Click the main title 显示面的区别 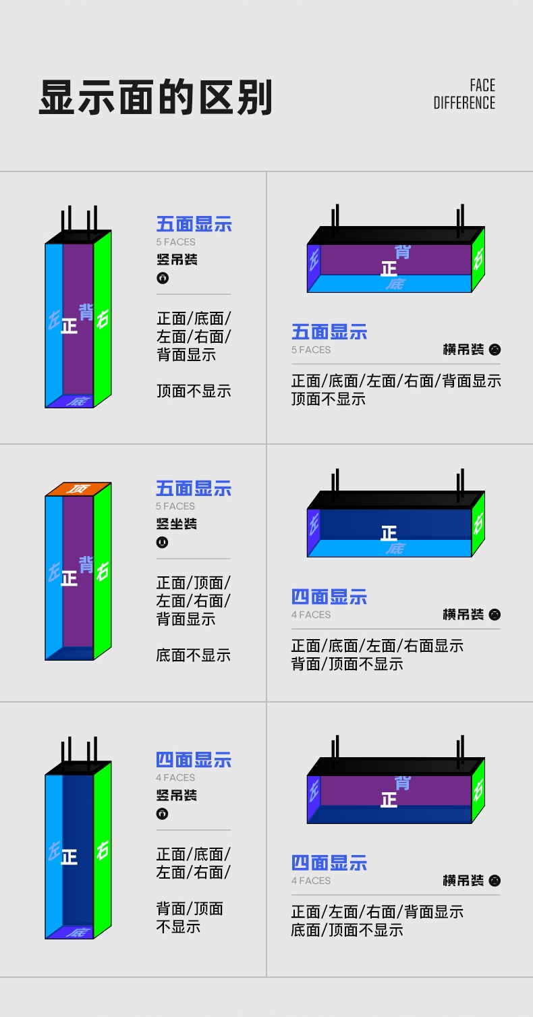[x=156, y=98]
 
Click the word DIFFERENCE [x=464, y=103]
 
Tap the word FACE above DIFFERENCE [x=482, y=86]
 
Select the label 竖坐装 [x=177, y=524]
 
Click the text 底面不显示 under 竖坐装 [x=194, y=655]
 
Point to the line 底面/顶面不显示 [x=347, y=930]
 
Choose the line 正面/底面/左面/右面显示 [x=377, y=646]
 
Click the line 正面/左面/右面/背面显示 [x=377, y=912]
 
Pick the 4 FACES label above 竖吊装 [x=175, y=777]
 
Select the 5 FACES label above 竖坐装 [x=175, y=506]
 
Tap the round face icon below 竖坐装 [x=162, y=542]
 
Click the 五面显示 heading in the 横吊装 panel [x=329, y=332]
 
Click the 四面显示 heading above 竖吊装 [x=194, y=760]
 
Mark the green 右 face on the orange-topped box [x=103, y=572]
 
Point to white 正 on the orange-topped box [x=69, y=578]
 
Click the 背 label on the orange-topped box [x=86, y=564]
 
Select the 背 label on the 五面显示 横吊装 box [x=403, y=252]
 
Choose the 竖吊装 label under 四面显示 [x=177, y=796]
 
